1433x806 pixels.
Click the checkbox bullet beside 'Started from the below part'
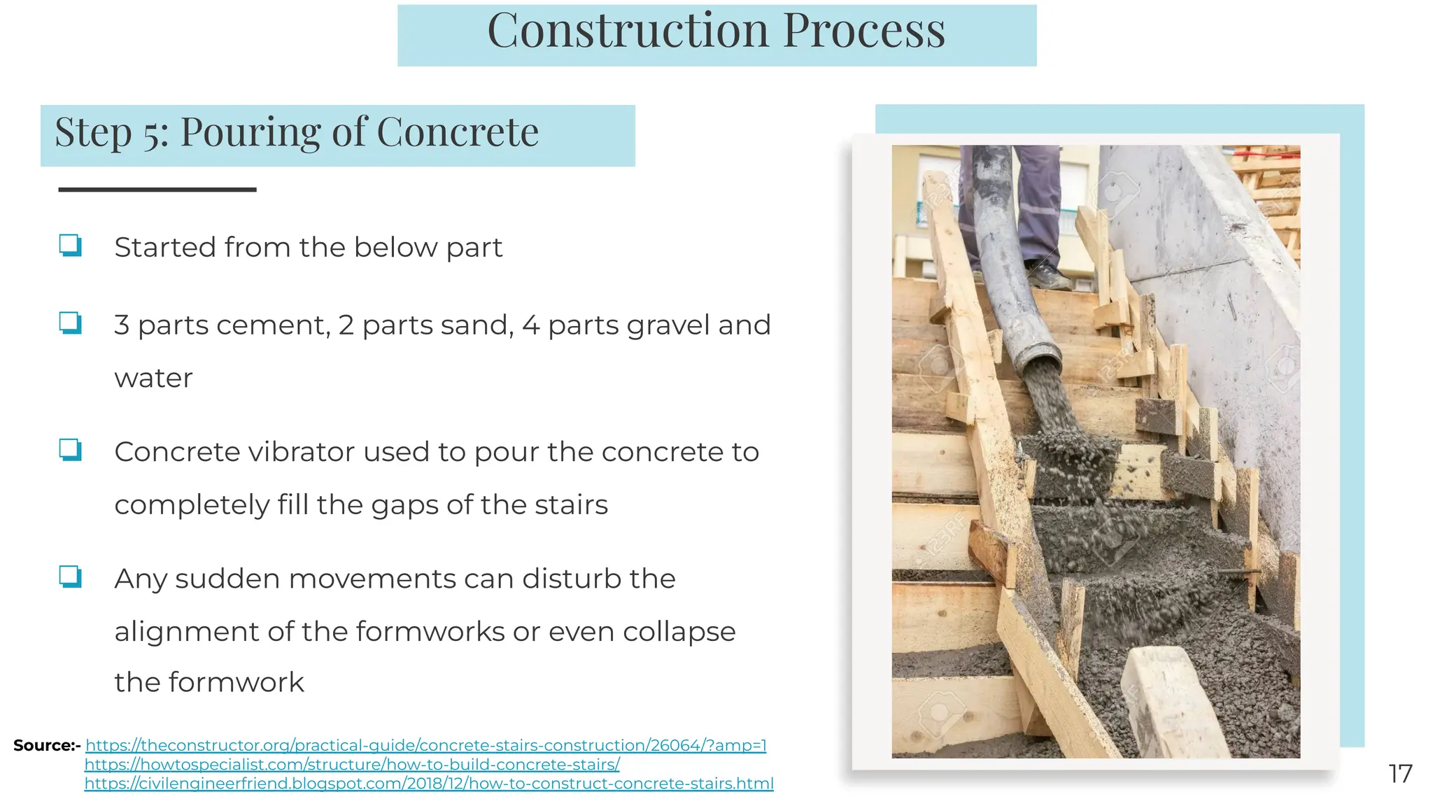70,246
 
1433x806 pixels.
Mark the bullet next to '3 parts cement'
70,323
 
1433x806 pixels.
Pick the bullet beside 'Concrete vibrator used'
70,450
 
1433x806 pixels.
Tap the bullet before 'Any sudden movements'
70,577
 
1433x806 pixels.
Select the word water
153,379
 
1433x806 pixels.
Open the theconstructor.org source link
425,745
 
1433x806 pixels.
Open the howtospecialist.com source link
352,765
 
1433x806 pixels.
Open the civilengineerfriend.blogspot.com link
429,784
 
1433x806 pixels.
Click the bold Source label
46,746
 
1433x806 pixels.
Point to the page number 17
1400,774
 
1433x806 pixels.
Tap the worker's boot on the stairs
1047,277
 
